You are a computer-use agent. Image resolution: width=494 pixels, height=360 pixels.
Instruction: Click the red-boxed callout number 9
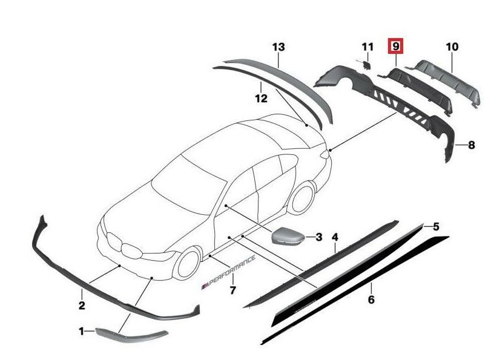pyautogui.click(x=395, y=47)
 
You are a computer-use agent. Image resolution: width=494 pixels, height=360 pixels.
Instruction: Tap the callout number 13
pyautogui.click(x=278, y=47)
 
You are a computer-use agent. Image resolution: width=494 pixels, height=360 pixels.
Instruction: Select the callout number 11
pyautogui.click(x=367, y=47)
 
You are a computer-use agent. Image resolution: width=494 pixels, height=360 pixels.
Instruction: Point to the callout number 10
pyautogui.click(x=452, y=47)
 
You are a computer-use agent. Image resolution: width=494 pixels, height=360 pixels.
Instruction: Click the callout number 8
pyautogui.click(x=472, y=145)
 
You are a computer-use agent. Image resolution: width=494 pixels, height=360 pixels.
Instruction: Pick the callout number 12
pyautogui.click(x=261, y=99)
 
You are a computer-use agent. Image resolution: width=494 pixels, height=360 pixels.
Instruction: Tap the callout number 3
pyautogui.click(x=319, y=237)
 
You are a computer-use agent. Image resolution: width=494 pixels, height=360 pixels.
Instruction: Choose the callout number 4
pyautogui.click(x=335, y=237)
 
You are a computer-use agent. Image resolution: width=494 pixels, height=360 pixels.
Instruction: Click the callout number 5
pyautogui.click(x=436, y=226)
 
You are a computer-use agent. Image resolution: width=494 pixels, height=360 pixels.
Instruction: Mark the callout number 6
pyautogui.click(x=371, y=299)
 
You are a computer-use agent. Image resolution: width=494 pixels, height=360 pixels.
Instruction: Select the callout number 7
pyautogui.click(x=232, y=290)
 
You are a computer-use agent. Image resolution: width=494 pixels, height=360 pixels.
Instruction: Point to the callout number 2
pyautogui.click(x=82, y=305)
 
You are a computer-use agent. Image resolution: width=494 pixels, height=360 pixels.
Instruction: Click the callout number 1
pyautogui.click(x=81, y=332)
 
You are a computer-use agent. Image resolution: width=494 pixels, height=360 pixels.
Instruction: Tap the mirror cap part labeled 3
pyautogui.click(x=287, y=235)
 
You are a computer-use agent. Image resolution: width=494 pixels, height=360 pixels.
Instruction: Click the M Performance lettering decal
pyautogui.click(x=228, y=272)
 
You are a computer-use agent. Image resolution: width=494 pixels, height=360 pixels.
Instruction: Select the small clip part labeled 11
pyautogui.click(x=366, y=64)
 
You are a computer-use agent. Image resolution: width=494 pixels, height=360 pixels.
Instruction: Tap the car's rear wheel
pyautogui.click(x=303, y=199)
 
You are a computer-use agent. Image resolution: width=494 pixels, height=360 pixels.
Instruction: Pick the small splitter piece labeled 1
pyautogui.click(x=131, y=335)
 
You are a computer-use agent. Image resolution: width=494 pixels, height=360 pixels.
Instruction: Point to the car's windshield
pyautogui.click(x=189, y=188)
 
